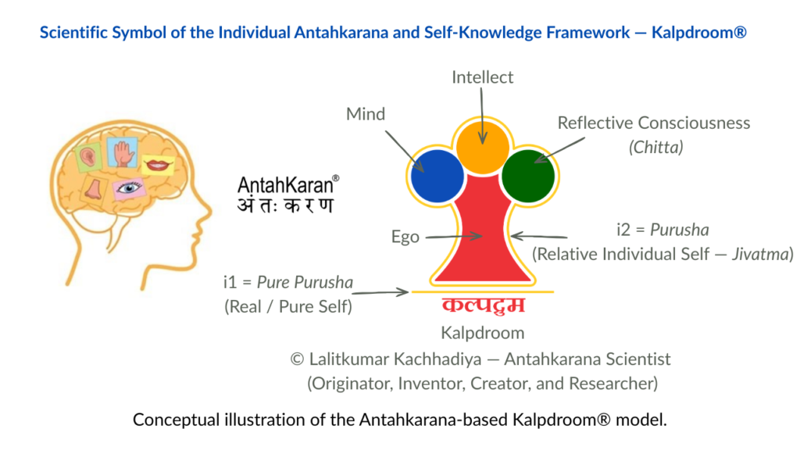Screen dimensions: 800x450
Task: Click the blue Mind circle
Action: pyautogui.click(x=437, y=176)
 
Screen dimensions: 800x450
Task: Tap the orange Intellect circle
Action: pyautogui.click(x=483, y=148)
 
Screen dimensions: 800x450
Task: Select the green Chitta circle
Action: pyautogui.click(x=528, y=176)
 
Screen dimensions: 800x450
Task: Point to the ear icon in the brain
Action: pyautogui.click(x=87, y=157)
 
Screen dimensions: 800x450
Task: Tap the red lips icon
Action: pyautogui.click(x=158, y=165)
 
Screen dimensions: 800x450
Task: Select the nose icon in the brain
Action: pyautogui.click(x=94, y=189)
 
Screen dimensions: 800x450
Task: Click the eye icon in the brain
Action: pyautogui.click(x=129, y=188)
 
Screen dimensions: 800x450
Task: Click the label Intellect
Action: pyautogui.click(x=483, y=77)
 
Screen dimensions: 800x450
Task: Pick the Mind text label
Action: pyautogui.click(x=366, y=114)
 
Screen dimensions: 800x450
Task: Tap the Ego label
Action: pyautogui.click(x=405, y=237)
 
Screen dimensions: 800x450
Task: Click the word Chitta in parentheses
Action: pyautogui.click(x=655, y=148)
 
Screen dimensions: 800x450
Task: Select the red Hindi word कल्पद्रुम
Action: pyautogui.click(x=483, y=305)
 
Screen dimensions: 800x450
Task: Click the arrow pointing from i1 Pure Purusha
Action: pyautogui.click(x=380, y=292)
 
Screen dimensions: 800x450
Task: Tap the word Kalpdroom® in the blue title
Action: pyautogui.click(x=699, y=33)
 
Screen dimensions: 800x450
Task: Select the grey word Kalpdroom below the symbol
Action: pyautogui.click(x=483, y=333)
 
